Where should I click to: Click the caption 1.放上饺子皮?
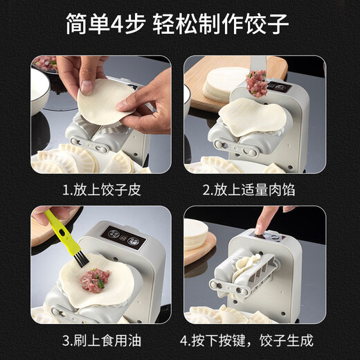pos(101,190)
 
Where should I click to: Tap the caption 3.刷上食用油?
pos(101,341)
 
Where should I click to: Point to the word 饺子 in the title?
pos(266,26)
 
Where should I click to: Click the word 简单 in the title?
pos(89,26)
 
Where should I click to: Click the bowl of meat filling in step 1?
pos(45,64)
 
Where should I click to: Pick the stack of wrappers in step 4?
pos(197,235)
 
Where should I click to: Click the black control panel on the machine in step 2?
pos(279,87)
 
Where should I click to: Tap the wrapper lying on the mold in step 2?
pos(251,118)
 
